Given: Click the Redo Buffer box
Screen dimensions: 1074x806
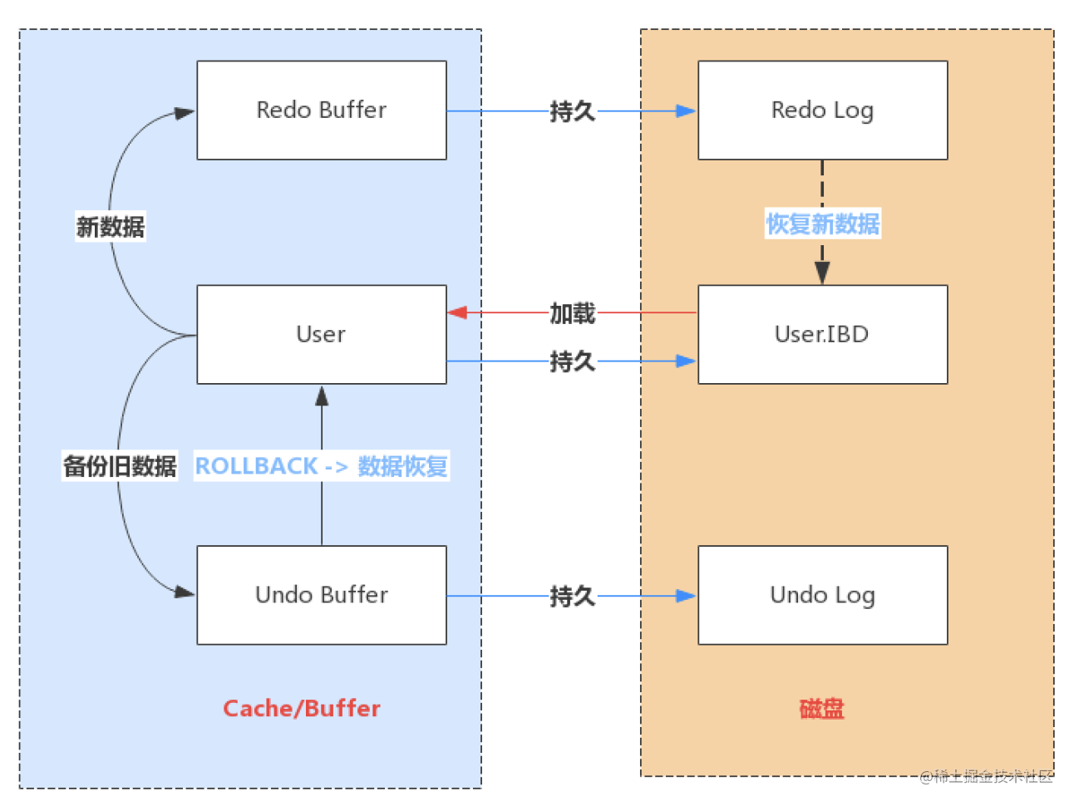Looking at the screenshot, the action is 322,110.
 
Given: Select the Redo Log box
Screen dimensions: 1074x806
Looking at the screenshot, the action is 822,110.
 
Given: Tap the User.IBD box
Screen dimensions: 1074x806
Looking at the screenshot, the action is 822,335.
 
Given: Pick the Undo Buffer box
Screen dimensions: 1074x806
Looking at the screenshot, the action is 322,595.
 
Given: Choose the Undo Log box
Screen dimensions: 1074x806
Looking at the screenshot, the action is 822,595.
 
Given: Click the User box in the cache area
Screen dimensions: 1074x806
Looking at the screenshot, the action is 322,335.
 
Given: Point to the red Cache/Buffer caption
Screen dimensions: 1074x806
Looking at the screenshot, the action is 302,709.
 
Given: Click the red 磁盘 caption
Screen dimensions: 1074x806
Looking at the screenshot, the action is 821,709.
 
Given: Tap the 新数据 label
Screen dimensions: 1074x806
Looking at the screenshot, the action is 111,227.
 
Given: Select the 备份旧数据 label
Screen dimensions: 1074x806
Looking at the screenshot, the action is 120,465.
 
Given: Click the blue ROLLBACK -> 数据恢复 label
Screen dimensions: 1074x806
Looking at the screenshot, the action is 321,465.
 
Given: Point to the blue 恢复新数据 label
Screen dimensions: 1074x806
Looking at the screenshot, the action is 822,224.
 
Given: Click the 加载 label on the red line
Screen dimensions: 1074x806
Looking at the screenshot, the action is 573,313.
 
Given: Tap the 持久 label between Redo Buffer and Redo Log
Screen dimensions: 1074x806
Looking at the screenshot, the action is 573,111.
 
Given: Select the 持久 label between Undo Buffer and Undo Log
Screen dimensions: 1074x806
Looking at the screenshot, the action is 573,596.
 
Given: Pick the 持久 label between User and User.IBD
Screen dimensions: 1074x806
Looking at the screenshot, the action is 573,362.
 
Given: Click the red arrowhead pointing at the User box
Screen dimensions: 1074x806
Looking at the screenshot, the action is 457,312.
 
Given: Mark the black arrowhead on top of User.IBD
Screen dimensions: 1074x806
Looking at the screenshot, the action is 822,273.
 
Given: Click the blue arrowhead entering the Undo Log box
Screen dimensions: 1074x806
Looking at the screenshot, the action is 686,596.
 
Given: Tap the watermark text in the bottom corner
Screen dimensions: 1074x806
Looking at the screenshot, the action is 986,776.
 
